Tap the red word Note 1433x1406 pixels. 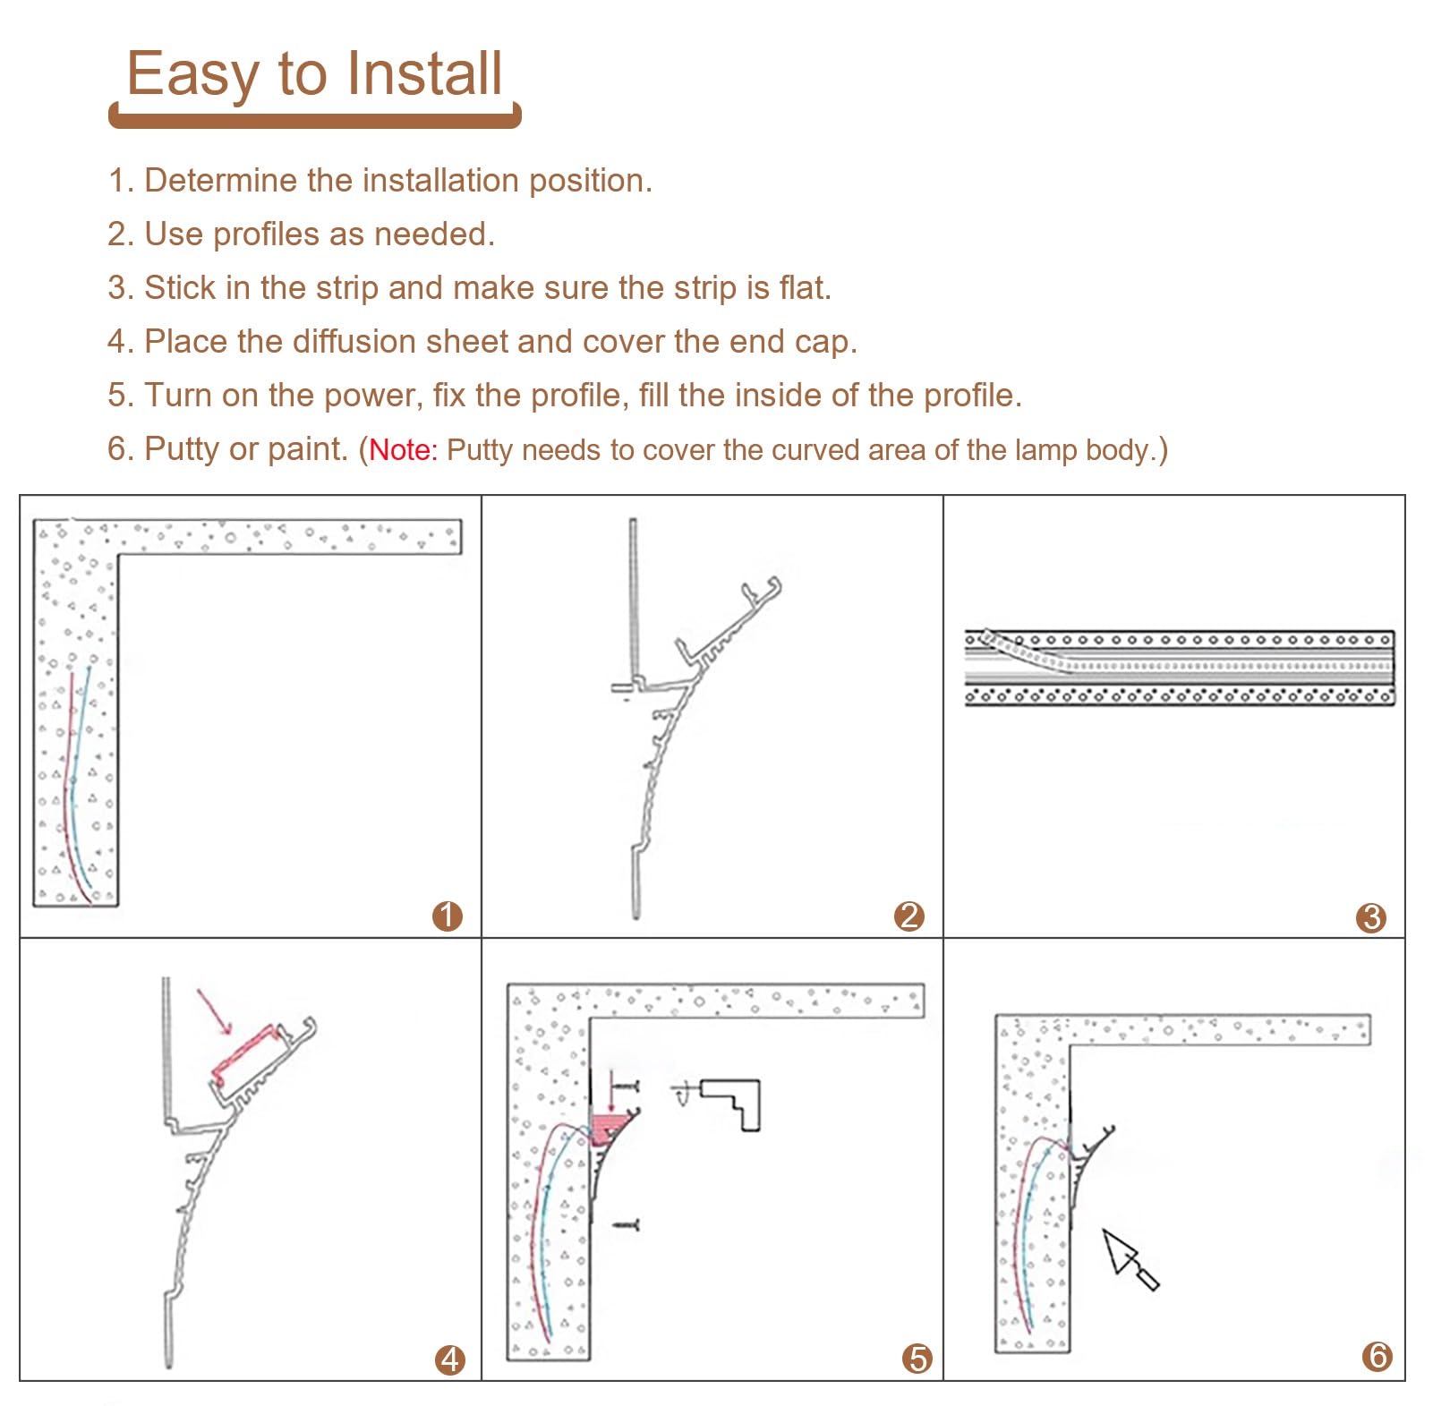tap(400, 449)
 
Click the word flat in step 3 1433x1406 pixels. tap(801, 287)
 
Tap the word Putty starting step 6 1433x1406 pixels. tap(182, 449)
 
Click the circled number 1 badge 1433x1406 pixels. tap(447, 916)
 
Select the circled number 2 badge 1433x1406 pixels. tap(908, 916)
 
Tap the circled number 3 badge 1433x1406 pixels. tap(1370, 916)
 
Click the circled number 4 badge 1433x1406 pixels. tap(449, 1359)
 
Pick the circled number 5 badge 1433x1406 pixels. tap(917, 1359)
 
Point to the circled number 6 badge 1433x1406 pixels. tap(1377, 1356)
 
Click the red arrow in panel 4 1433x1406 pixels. tap(215, 1011)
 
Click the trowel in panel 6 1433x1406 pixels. tap(1130, 1258)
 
